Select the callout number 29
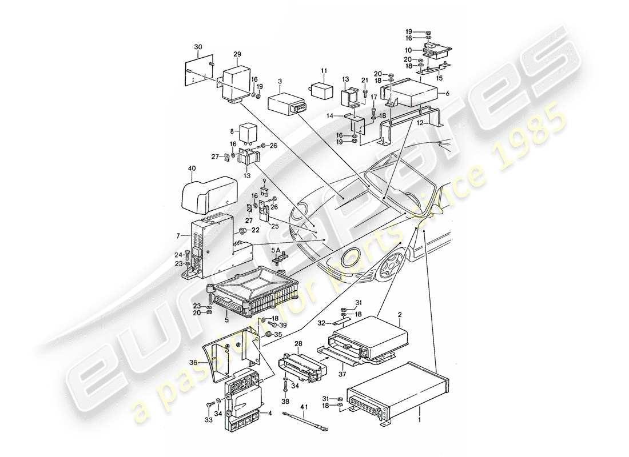tap(237, 54)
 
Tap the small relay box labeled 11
tap(321, 90)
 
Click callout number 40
tap(192, 169)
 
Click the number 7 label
tap(179, 235)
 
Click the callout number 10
tap(417, 51)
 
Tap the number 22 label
tap(256, 230)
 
